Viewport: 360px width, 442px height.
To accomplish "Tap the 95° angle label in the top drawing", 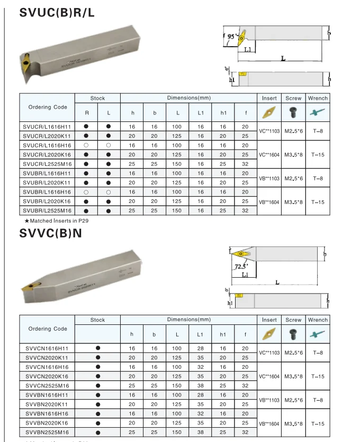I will [x=231, y=37].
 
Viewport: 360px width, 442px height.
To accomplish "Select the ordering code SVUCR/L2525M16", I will [x=47, y=164].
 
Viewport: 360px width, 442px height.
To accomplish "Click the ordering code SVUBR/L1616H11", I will [x=47, y=173].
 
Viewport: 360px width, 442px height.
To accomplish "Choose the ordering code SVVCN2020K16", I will [x=47, y=376].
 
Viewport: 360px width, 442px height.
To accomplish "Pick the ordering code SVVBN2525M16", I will [x=47, y=433].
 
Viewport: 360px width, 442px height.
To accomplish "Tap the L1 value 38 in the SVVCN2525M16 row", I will [x=200, y=386].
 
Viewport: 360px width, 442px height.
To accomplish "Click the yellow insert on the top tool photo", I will [x=26, y=63].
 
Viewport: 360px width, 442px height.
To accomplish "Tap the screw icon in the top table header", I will [x=293, y=112].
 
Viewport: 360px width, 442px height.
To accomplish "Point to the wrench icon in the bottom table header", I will [x=318, y=334].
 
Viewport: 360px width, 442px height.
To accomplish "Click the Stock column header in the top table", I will [x=97, y=98].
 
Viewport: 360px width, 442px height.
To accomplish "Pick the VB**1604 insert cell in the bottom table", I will [x=269, y=423].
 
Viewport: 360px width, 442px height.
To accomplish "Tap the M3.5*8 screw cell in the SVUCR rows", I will [x=293, y=154].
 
